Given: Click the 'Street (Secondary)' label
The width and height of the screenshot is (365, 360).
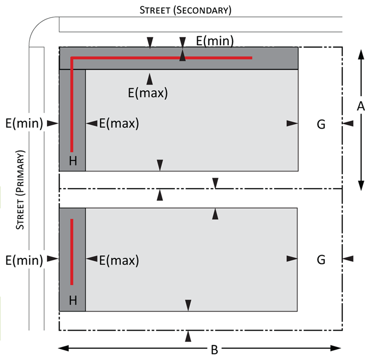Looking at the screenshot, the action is click(186, 10).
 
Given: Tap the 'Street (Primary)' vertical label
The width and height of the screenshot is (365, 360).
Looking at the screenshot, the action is click(20, 190).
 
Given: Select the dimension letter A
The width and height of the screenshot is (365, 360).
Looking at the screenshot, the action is click(361, 106).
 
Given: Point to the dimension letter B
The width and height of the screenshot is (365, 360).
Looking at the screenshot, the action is click(214, 350).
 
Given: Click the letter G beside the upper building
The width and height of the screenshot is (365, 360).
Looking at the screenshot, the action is click(321, 125).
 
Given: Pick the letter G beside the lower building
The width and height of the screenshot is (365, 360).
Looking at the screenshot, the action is click(321, 260).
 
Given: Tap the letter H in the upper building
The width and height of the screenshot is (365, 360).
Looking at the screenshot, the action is click(73, 161).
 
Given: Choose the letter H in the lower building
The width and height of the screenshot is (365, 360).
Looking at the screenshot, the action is click(73, 300).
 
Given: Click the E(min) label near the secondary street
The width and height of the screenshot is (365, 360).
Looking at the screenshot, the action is click(215, 41).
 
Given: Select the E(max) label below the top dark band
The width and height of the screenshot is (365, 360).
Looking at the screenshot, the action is click(148, 93).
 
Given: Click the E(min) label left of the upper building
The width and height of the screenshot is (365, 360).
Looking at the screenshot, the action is click(24, 123).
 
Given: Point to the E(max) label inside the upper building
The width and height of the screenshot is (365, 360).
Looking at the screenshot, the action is click(119, 123).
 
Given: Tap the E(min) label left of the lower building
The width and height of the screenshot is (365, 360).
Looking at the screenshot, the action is click(24, 260).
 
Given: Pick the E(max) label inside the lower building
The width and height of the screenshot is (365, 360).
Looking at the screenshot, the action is click(119, 260).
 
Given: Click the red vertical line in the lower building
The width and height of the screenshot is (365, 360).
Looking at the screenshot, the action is click(72, 252).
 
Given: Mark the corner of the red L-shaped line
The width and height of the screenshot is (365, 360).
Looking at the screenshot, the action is click(72, 58).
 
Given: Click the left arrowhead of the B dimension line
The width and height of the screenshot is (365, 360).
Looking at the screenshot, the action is click(63, 348).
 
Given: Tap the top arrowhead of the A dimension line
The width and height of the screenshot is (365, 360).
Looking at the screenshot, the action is click(361, 55).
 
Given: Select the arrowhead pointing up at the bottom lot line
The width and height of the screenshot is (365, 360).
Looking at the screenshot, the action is click(188, 336).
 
